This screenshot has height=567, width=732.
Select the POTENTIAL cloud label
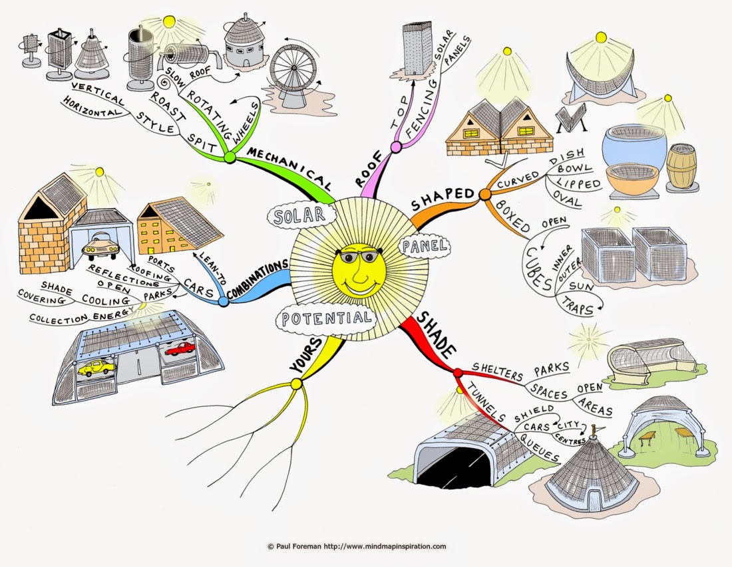[326, 318]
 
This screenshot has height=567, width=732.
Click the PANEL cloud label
[425, 247]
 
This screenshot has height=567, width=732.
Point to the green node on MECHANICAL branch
[230, 158]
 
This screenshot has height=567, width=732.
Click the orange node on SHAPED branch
[484, 194]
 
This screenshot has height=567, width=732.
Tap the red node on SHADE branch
[458, 373]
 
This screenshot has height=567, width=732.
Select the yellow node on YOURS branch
[296, 384]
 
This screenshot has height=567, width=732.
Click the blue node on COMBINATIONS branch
[223, 301]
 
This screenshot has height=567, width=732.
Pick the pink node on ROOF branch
[396, 148]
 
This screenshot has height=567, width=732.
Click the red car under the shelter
[180, 349]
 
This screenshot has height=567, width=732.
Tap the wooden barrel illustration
[681, 168]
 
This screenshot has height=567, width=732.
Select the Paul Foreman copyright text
[357, 546]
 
